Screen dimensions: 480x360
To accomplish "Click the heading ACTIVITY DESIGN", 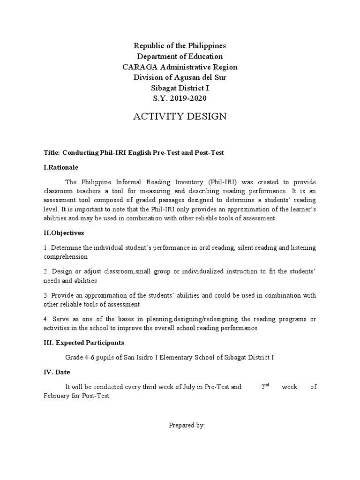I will (x=180, y=117).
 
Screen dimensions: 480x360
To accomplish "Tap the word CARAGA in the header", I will (x=136, y=67).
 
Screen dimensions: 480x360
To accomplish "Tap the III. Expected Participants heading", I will (x=83, y=343).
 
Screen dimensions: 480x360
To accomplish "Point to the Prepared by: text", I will (x=187, y=425).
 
